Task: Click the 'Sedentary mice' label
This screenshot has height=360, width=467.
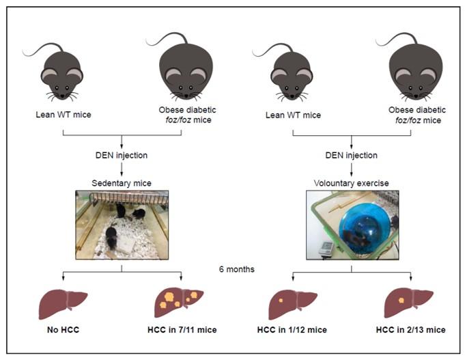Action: coord(122,184)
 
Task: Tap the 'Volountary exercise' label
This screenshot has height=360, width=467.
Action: coord(351,184)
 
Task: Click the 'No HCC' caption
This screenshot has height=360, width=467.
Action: coord(63,330)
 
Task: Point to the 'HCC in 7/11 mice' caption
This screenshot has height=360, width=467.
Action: coord(181,330)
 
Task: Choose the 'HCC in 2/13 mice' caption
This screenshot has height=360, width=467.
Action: coord(410,330)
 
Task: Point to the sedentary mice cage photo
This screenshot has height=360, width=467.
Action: coord(122,224)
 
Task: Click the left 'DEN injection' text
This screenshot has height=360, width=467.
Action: coord(122,155)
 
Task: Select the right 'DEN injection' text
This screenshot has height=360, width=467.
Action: coord(351,155)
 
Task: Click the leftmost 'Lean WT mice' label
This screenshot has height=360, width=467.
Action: coord(63,113)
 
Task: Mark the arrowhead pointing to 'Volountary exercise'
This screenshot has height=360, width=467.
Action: coord(351,174)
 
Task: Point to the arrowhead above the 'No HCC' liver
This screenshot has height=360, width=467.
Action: coord(63,279)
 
